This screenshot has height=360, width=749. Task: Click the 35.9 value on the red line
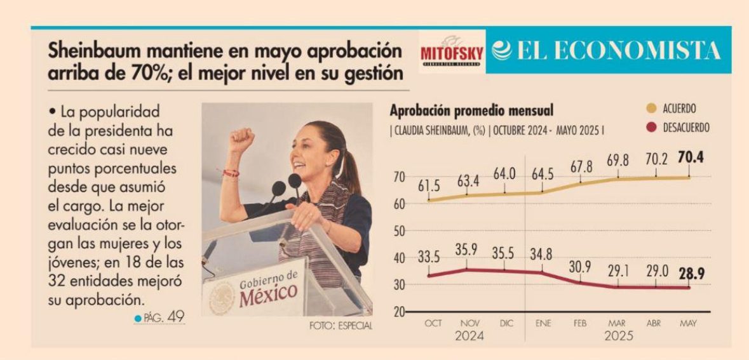(x=466, y=250)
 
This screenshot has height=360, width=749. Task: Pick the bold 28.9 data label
(x=691, y=274)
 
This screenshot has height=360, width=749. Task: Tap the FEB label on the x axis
(x=579, y=324)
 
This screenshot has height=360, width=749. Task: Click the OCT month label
(x=433, y=324)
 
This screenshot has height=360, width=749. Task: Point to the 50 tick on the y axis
(x=399, y=231)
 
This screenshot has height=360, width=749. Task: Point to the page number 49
(x=175, y=317)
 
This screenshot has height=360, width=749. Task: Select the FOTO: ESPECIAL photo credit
(x=341, y=326)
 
